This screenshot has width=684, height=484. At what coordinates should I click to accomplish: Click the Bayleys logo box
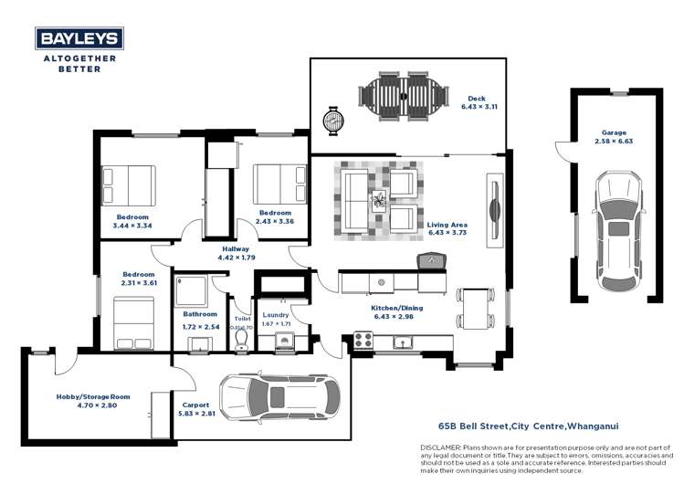[x=79, y=38]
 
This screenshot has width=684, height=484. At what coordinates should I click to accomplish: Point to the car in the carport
[x=280, y=396]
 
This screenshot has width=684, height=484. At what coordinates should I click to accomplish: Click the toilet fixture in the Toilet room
[x=242, y=340]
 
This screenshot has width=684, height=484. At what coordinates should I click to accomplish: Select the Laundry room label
[x=275, y=315]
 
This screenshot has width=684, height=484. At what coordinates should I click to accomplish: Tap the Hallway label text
[x=235, y=248]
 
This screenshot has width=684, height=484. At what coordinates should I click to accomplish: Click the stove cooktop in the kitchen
[x=363, y=342]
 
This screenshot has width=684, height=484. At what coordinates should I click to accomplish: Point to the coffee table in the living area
[x=377, y=200]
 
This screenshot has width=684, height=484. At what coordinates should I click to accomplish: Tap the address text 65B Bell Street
[x=476, y=426]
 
